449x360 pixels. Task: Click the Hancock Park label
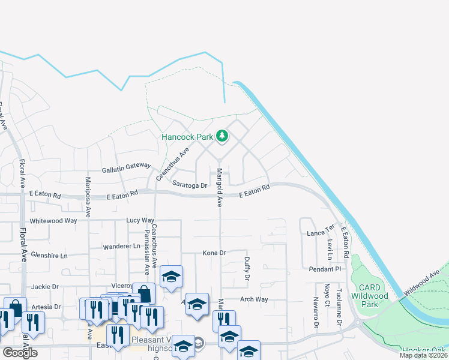(187, 137)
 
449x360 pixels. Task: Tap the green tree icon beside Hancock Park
(222, 136)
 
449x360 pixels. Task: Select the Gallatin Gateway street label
(126, 170)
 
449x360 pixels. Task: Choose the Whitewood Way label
(53, 221)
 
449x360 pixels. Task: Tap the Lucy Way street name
(140, 221)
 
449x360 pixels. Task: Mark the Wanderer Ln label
(121, 246)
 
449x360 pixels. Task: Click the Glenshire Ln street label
(49, 255)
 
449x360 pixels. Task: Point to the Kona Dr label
(214, 253)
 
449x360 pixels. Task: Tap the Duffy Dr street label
(246, 269)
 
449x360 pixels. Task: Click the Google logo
(20, 353)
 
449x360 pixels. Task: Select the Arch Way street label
(253, 299)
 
